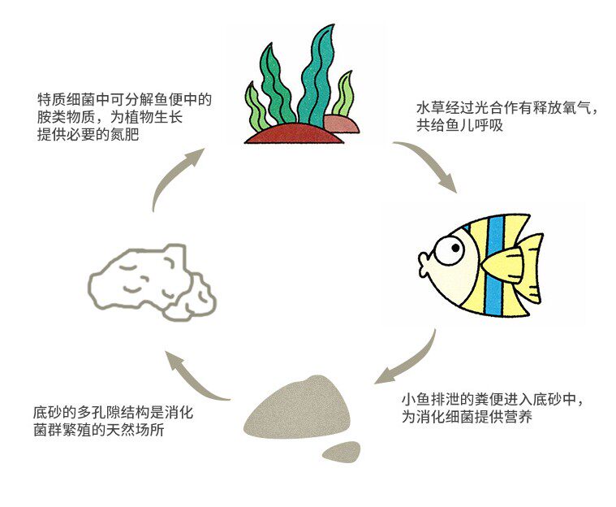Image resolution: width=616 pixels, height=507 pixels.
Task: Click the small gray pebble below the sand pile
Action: click(342, 450)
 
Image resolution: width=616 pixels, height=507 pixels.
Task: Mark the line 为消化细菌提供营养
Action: click(460, 418)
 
